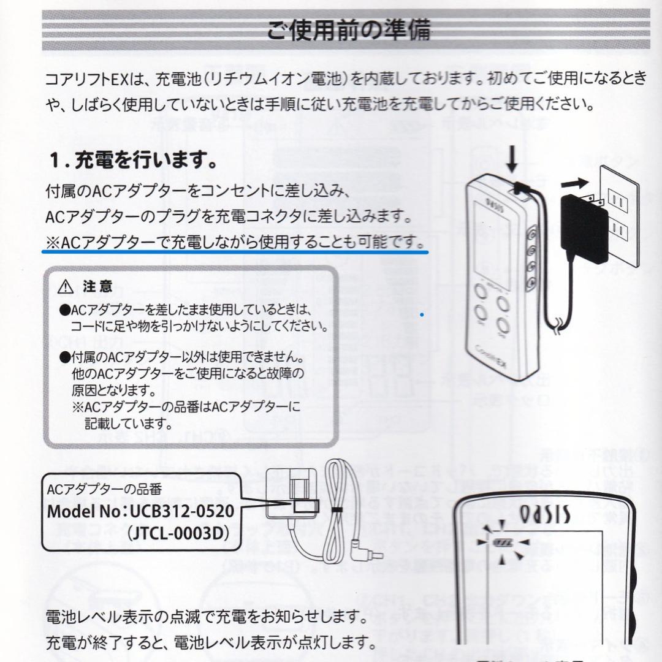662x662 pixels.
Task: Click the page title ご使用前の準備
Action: click(x=349, y=29)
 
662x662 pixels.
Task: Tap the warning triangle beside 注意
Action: click(x=64, y=286)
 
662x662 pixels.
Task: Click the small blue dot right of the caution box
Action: click(x=422, y=314)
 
